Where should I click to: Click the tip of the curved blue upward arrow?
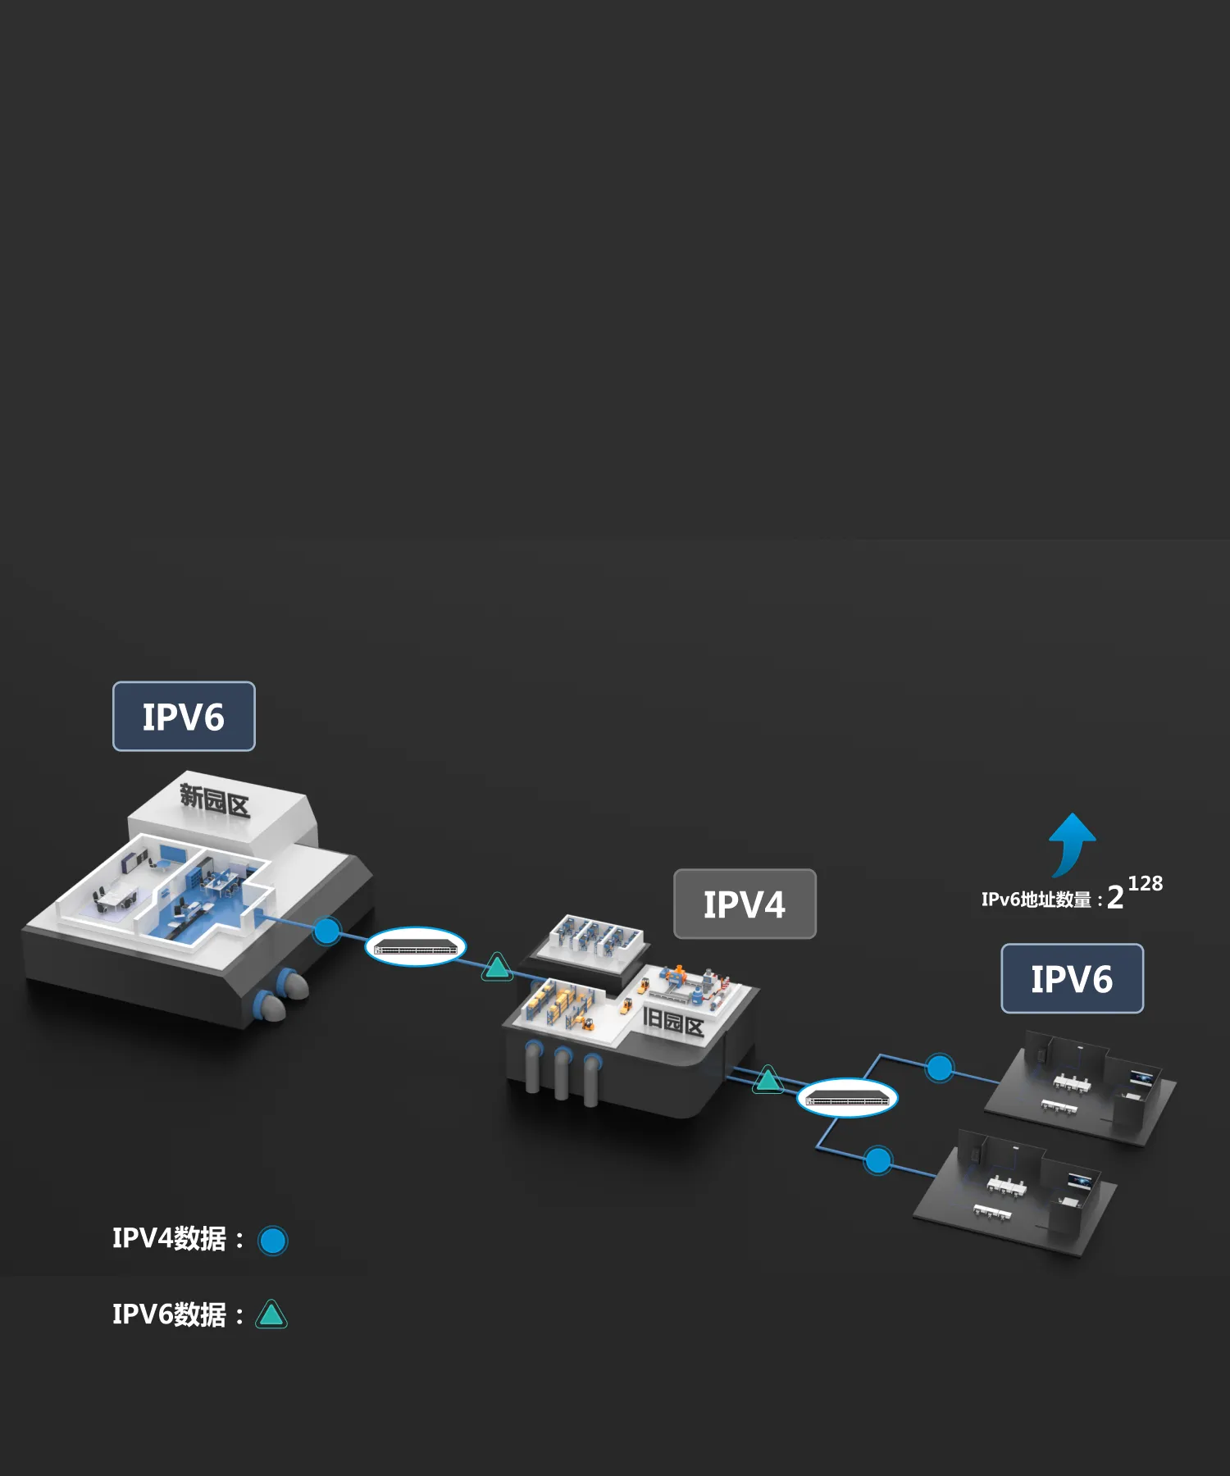(1072, 813)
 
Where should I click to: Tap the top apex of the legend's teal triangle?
(271, 1301)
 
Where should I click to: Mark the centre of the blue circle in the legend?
(273, 1241)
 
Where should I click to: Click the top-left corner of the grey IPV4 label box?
(674, 870)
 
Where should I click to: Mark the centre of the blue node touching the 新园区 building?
(327, 931)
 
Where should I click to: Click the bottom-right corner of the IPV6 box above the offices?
(1143, 1013)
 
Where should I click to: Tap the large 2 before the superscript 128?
(1115, 898)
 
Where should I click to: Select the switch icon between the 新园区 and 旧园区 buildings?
(416, 947)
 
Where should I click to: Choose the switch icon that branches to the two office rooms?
(848, 1097)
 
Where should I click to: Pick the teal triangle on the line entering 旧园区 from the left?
(497, 967)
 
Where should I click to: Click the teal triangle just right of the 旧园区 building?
(768, 1080)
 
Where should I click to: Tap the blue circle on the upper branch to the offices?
(940, 1068)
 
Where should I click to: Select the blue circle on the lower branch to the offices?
(878, 1160)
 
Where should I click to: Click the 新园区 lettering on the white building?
(215, 800)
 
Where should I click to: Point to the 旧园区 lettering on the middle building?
(673, 1023)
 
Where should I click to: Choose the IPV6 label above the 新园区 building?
(184, 717)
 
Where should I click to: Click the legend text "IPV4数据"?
(169, 1239)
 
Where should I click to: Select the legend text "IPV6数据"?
(169, 1314)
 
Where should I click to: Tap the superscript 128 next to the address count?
(1146, 883)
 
